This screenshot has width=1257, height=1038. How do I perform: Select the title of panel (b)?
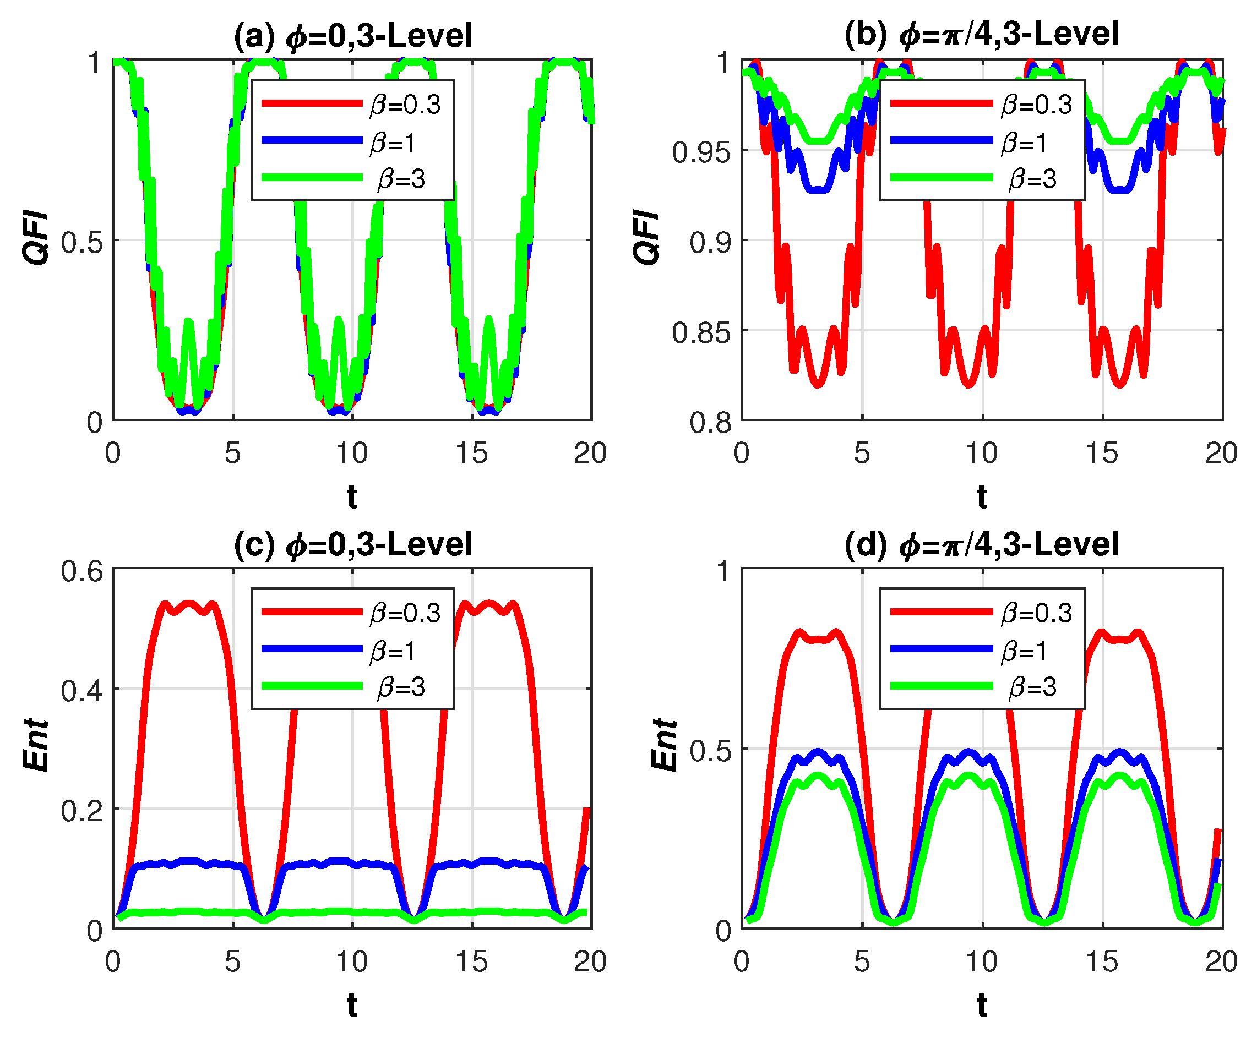(x=981, y=34)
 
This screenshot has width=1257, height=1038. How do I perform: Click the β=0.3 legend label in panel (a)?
(x=405, y=105)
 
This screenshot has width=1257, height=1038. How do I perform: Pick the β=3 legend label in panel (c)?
(x=401, y=687)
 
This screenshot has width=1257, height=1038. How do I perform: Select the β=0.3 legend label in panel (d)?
(x=1036, y=613)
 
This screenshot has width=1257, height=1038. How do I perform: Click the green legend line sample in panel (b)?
(x=942, y=178)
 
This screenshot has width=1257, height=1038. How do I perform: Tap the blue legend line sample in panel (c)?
(x=312, y=649)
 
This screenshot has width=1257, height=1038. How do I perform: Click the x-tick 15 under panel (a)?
(x=471, y=453)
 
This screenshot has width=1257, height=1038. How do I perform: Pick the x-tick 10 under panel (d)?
(x=981, y=961)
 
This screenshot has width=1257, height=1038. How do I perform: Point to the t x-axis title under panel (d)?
(x=981, y=1005)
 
